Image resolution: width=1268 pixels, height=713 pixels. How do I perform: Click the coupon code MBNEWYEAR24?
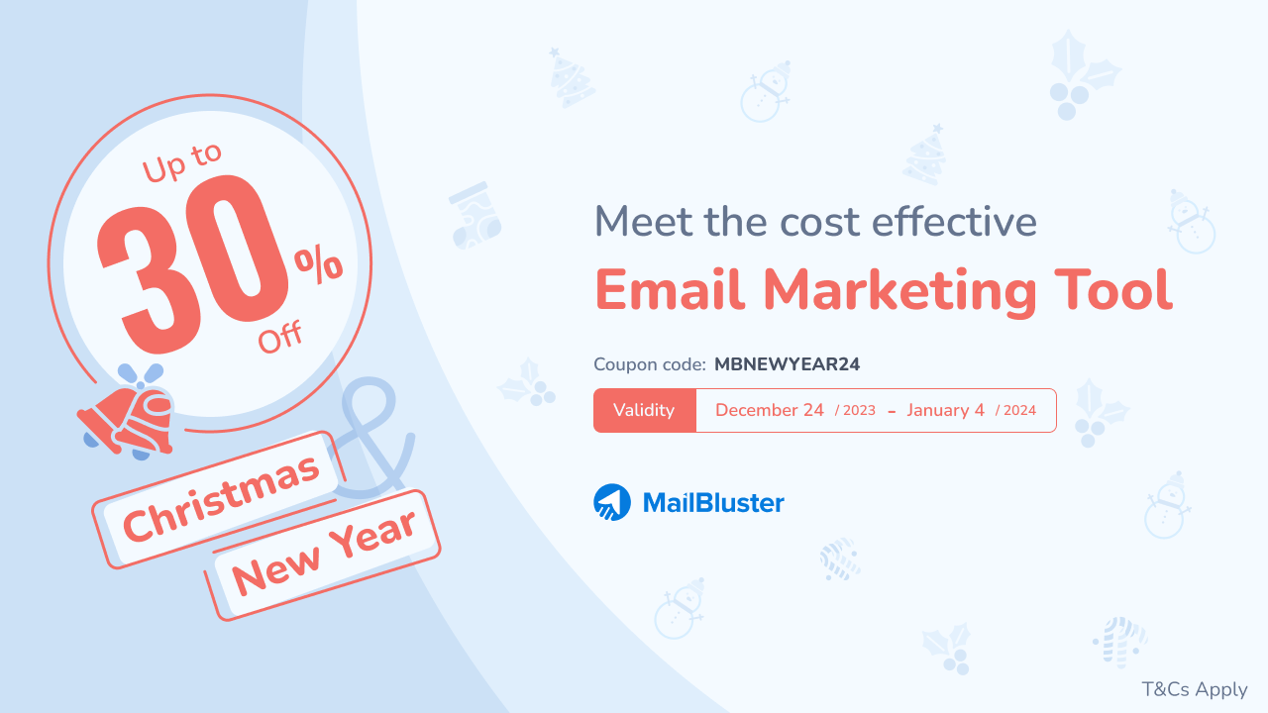coord(787,364)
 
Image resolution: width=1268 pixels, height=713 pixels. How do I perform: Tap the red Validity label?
coord(644,410)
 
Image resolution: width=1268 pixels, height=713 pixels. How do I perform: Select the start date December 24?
coord(769,410)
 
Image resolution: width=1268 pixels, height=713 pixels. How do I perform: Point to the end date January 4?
coord(945,410)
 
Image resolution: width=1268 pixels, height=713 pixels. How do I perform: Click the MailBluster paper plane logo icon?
coord(612,502)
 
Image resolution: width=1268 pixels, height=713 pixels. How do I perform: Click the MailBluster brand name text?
coord(713,503)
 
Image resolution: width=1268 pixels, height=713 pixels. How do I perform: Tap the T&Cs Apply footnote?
coord(1194,689)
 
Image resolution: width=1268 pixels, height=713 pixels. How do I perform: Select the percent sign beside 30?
coord(318,265)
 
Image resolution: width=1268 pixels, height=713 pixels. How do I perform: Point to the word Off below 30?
coord(280,337)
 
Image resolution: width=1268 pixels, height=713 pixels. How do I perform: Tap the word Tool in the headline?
coord(1111,290)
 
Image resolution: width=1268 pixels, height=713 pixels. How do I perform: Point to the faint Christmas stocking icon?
coord(475,215)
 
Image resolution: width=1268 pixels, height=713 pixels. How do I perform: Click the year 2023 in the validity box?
coord(858,411)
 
